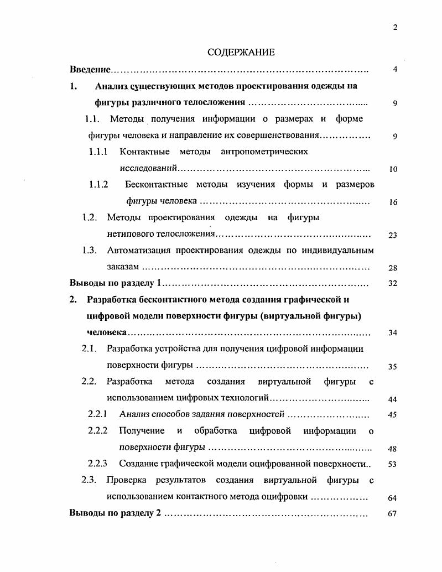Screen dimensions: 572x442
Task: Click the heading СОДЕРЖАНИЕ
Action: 241,53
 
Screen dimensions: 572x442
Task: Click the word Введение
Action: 90,70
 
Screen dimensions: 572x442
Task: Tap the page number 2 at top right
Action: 395,28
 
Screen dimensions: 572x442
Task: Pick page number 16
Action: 393,202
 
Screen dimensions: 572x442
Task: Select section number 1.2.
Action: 90,217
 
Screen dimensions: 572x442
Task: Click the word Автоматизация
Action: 138,250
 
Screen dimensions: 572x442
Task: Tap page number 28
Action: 393,268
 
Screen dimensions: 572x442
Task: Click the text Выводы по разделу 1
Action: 115,283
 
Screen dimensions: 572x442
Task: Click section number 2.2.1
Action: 98,414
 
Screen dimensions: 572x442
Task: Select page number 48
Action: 393,449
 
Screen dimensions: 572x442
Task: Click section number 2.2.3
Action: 98,464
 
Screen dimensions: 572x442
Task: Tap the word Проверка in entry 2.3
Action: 127,480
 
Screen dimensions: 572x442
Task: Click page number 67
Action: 393,513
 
